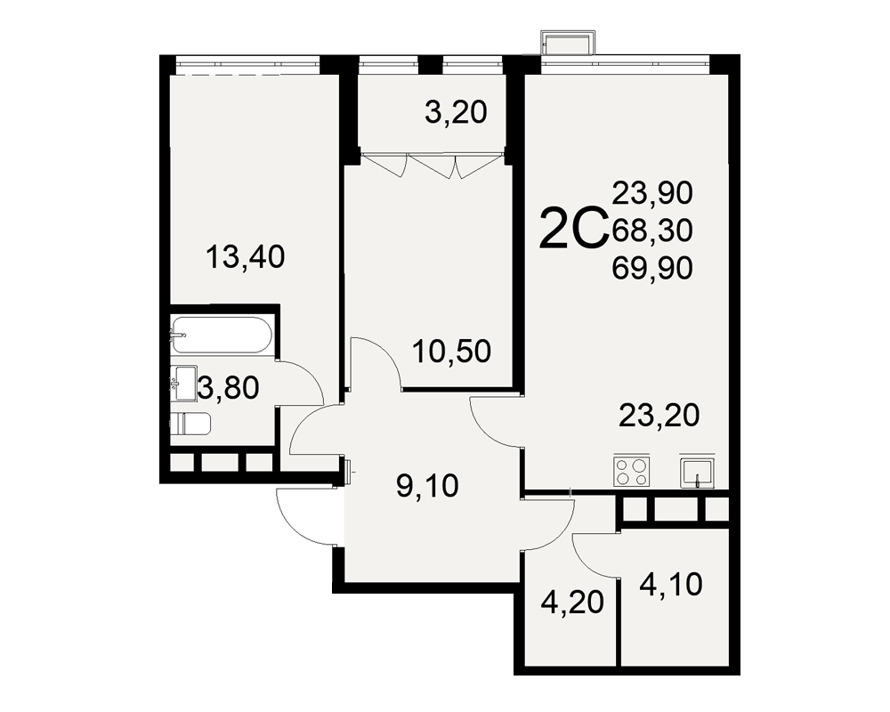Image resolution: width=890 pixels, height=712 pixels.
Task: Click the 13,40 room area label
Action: click(246, 257)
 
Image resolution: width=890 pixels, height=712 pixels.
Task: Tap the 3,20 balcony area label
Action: click(456, 112)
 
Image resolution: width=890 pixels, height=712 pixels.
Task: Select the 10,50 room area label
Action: click(452, 352)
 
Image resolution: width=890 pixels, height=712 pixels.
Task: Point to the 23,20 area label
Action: click(659, 415)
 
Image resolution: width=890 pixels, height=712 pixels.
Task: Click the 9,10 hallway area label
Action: click(427, 487)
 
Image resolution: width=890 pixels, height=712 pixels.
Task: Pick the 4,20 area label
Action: click(572, 603)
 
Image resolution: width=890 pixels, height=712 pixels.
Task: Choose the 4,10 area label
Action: click(671, 584)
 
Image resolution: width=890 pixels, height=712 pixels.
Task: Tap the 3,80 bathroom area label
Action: click(228, 389)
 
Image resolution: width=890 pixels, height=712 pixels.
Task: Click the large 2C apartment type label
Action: click(573, 229)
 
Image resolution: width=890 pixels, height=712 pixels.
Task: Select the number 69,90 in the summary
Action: click(652, 267)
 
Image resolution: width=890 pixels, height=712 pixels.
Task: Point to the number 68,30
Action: click(652, 231)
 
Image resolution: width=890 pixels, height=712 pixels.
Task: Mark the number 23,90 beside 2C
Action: click(652, 193)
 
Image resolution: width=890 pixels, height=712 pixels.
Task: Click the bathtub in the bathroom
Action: click(222, 335)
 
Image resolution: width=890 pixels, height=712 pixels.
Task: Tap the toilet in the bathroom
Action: click(190, 424)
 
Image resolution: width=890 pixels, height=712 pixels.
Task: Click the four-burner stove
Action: click(631, 470)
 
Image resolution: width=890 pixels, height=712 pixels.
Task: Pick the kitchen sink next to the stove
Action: click(698, 472)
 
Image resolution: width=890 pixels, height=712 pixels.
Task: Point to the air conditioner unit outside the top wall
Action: click(569, 43)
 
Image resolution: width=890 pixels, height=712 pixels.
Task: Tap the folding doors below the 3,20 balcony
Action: click(432, 164)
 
